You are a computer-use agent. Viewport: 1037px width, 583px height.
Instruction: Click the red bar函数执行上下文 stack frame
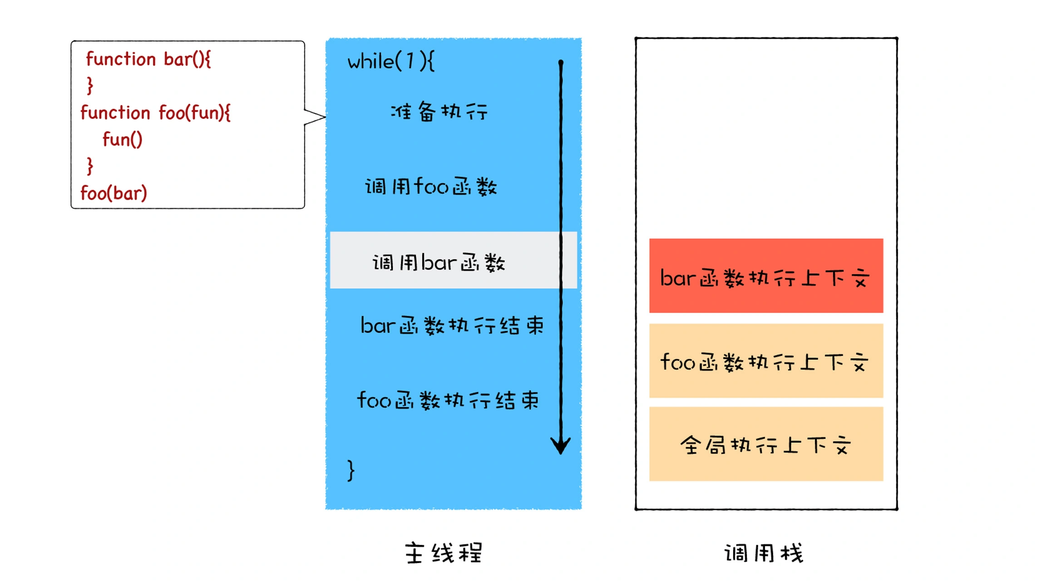click(x=765, y=276)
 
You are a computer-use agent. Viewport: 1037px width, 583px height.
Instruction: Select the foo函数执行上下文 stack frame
click(x=765, y=361)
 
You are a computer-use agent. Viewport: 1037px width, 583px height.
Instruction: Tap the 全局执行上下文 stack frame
click(x=765, y=444)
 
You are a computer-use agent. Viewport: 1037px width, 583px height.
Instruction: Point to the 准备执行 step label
click(x=439, y=112)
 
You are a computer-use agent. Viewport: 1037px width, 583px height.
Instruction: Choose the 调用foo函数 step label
click(x=431, y=186)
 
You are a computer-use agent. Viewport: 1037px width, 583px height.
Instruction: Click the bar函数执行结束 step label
click(x=452, y=326)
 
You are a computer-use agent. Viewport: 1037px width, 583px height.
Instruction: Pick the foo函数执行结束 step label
click(x=448, y=401)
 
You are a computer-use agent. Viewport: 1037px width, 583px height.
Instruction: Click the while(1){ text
click(x=391, y=62)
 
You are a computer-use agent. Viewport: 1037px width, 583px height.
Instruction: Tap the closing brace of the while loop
click(x=351, y=470)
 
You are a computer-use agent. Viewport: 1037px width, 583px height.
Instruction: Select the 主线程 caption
click(x=444, y=553)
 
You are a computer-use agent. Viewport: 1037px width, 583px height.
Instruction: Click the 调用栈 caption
click(x=764, y=554)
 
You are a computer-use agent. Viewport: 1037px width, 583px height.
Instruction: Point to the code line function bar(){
click(x=148, y=59)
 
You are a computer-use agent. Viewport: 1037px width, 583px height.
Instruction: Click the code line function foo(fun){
click(x=155, y=113)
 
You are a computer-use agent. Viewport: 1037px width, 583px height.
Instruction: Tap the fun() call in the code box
click(x=123, y=139)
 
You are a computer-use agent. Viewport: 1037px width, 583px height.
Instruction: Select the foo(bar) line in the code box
click(x=114, y=193)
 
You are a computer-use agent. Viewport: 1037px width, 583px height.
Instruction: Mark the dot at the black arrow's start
click(x=561, y=62)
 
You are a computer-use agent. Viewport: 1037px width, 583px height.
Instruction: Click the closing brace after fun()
click(x=90, y=166)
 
